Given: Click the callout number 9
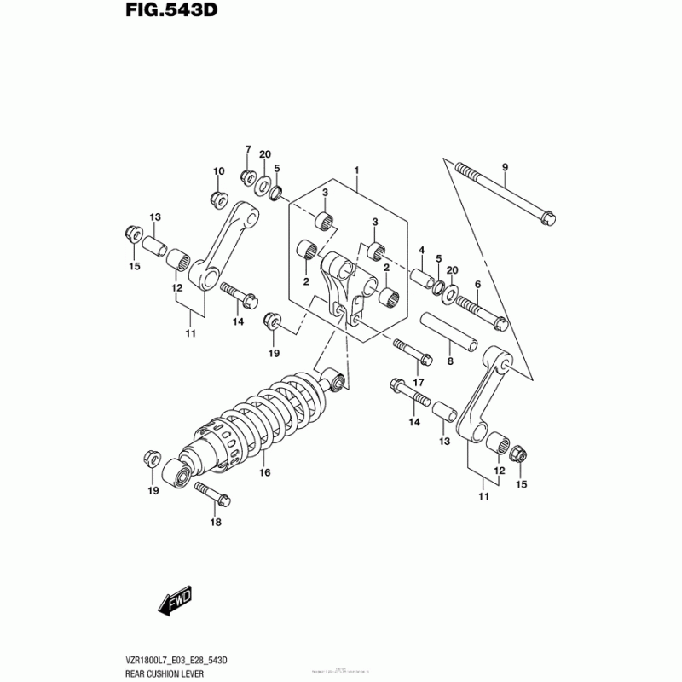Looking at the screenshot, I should click(504, 166).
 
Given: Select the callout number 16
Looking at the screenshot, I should click(264, 472).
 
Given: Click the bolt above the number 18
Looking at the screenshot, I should click(209, 494).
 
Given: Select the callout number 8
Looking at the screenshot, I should click(450, 361).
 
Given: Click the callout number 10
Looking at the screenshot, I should click(218, 171).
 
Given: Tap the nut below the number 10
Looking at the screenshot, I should click(217, 199).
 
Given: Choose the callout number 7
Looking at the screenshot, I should click(248, 150).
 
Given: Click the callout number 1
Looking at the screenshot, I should click(356, 170).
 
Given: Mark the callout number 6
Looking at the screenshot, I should click(477, 284).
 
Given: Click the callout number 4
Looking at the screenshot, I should click(421, 250).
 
